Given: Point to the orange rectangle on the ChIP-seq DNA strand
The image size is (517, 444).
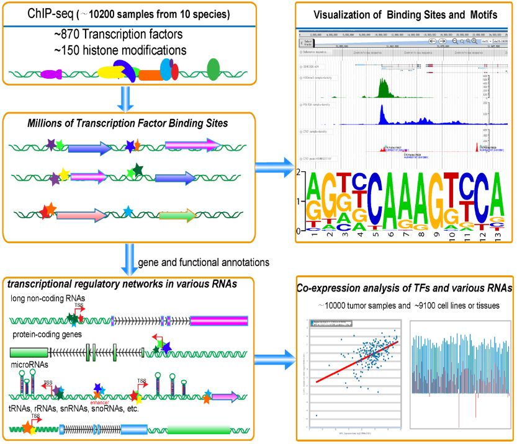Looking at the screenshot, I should (x=150, y=75).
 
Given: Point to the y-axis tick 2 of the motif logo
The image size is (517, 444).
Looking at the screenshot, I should (x=300, y=173).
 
